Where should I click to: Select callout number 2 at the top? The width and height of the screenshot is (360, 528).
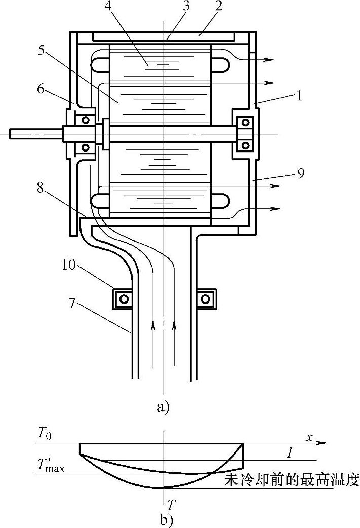point(219,7)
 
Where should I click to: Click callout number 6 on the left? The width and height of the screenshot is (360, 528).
point(41,90)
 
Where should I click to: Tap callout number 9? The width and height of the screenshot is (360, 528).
point(301,173)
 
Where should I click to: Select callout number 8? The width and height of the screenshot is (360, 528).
point(41,188)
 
